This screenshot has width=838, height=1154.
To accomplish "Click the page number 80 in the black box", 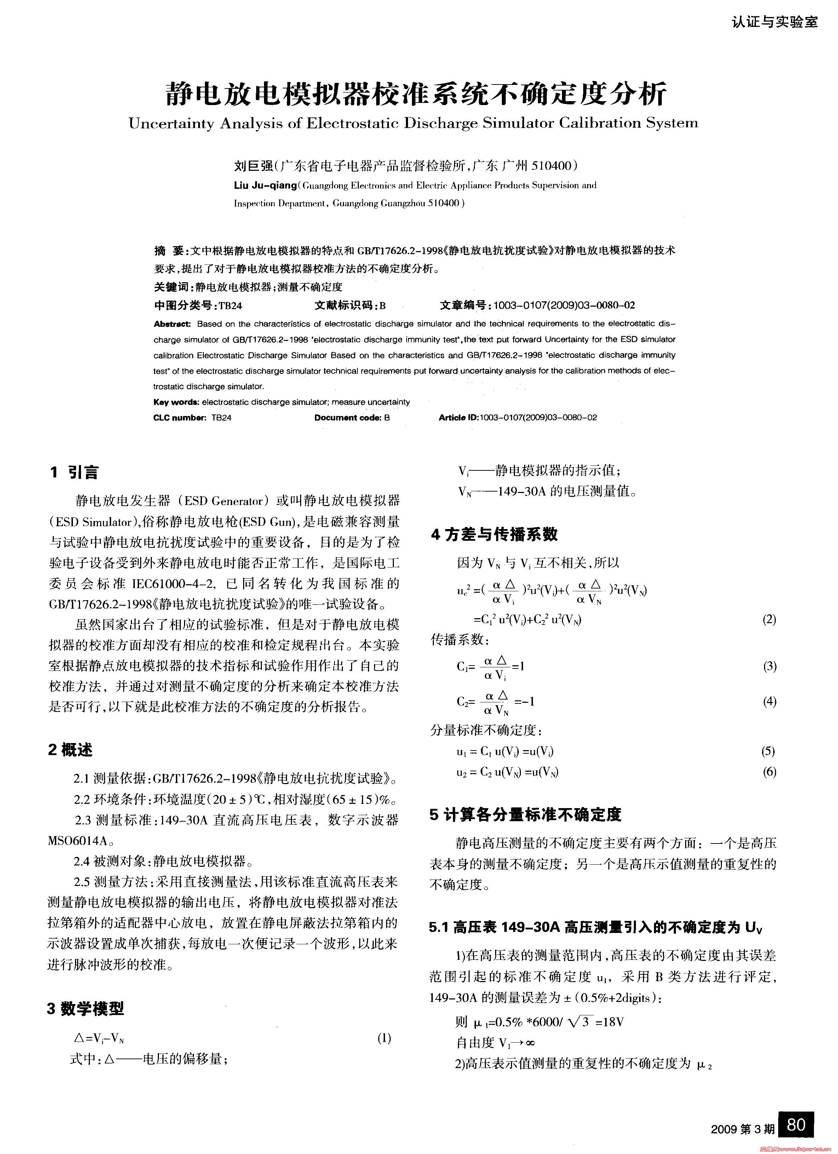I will pos(795,1124).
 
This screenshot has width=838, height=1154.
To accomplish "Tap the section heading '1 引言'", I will pos(74,472).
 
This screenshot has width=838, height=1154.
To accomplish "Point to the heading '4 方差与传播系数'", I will pos(494,534).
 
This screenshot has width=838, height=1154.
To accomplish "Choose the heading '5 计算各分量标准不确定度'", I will pos(526,814).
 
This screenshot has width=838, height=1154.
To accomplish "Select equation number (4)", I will pos(769,701).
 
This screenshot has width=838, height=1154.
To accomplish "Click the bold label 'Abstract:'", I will pos(172,324).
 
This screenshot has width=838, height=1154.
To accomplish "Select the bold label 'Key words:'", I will pos(176,402).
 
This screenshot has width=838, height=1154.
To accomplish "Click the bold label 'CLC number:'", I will pos(179,418).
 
